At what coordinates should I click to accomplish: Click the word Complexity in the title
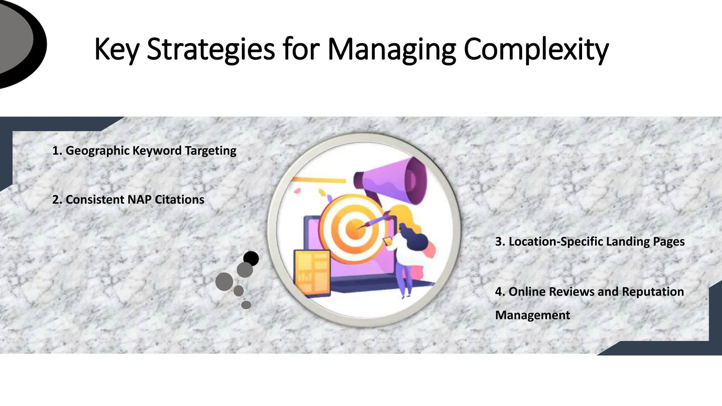(536, 49)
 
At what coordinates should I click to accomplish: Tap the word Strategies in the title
(210, 49)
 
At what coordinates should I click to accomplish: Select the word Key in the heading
(117, 49)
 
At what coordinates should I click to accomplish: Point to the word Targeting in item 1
(210, 151)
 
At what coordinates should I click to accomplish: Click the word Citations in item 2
(179, 200)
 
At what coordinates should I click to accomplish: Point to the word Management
(532, 315)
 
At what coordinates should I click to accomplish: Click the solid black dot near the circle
(251, 259)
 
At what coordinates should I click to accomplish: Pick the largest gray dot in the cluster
(224, 282)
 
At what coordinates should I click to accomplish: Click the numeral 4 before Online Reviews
(498, 292)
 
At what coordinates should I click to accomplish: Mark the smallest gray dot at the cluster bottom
(246, 305)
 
